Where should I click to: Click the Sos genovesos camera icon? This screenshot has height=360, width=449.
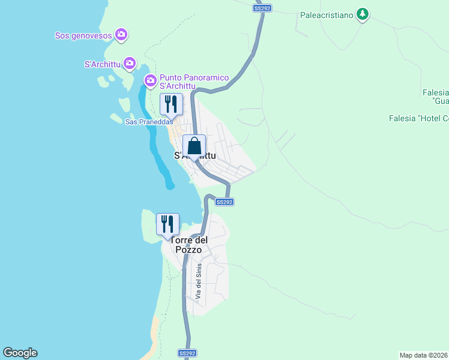[121, 35]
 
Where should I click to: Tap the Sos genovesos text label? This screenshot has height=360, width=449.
[83, 35]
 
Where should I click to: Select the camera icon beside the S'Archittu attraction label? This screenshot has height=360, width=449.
[130, 64]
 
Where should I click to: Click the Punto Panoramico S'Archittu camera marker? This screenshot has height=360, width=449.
[150, 80]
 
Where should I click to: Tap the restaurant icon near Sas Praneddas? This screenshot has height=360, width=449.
[171, 105]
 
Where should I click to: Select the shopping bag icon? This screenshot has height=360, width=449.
[194, 146]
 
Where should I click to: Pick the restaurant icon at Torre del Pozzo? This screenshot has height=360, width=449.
[167, 224]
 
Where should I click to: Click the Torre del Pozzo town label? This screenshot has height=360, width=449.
[189, 245]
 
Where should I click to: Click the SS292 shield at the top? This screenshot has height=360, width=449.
[262, 8]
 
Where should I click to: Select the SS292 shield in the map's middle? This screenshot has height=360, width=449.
[224, 202]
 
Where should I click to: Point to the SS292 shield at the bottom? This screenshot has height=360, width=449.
[187, 353]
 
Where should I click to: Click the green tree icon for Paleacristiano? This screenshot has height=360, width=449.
[362, 13]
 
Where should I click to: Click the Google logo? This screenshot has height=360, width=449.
[20, 353]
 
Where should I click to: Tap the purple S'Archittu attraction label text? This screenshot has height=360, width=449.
[103, 64]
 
